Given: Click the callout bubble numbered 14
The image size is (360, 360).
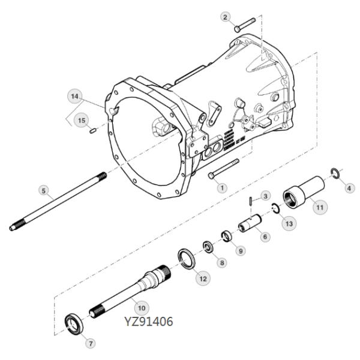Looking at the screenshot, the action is (74, 96).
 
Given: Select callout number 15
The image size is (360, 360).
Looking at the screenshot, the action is (82, 121).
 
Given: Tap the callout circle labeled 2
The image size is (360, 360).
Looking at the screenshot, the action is (225, 17).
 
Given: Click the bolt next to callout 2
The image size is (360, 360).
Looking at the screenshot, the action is (245, 25).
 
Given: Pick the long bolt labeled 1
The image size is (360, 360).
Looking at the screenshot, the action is (224, 168).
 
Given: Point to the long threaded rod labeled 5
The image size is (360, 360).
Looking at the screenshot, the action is (58, 202).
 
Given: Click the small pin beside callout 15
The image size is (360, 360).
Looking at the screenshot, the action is (93, 131).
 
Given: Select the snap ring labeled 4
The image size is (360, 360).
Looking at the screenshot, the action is (335, 173).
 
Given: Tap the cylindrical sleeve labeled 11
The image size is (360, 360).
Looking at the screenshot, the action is (304, 192).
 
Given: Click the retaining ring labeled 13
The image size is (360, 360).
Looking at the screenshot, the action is (275, 208).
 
